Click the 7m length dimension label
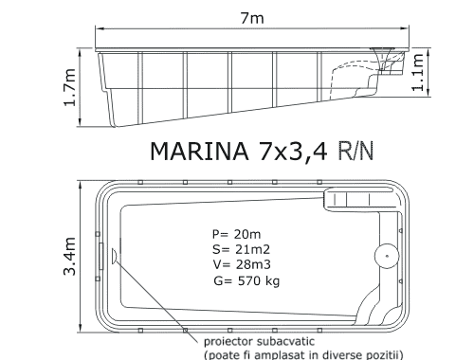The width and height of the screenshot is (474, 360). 252,18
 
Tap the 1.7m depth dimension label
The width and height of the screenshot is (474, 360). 70,87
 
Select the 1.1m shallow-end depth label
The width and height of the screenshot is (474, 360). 417,72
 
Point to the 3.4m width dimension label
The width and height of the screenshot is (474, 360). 70,256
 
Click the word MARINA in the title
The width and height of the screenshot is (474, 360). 199,152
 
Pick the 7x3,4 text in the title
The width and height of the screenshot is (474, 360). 293,152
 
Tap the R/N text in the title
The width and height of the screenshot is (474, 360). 355,151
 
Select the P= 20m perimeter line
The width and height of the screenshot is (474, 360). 236,234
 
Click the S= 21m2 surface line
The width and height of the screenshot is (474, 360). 241,249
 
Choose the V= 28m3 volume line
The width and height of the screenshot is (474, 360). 242,264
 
